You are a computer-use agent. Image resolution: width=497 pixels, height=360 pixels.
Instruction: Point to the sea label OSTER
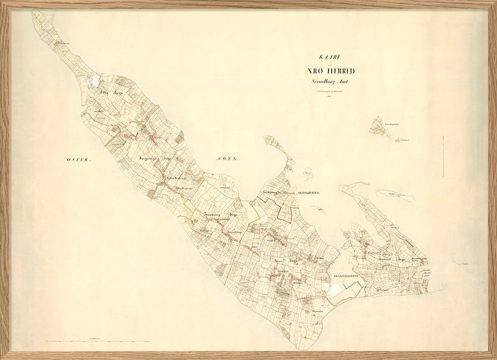(x=79, y=160)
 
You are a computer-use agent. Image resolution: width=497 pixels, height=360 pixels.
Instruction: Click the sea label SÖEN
(x=227, y=159)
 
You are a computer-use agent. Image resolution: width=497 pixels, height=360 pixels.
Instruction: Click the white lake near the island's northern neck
(x=94, y=80)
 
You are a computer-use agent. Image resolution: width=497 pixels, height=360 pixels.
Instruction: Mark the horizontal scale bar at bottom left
(x=93, y=341)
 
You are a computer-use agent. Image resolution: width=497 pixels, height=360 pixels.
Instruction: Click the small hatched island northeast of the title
(x=380, y=127)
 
